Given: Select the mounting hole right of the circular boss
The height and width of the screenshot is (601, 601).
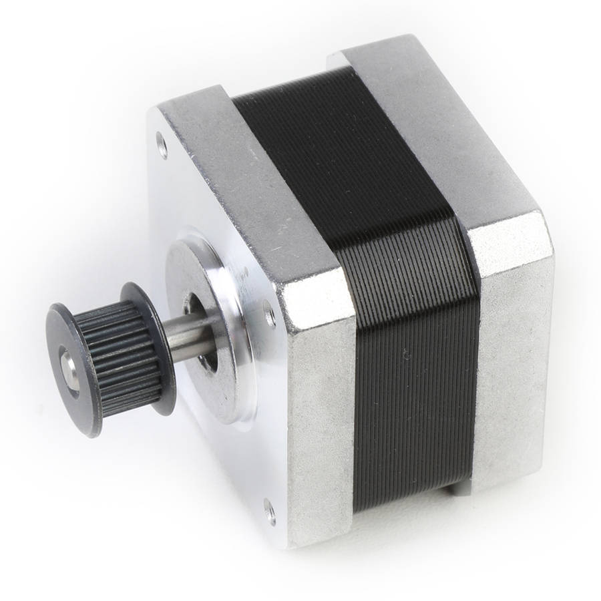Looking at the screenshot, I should click(269, 313).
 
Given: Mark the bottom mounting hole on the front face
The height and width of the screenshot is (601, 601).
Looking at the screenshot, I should click(270, 511).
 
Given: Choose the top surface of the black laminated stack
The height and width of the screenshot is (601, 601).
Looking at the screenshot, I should click(341, 154).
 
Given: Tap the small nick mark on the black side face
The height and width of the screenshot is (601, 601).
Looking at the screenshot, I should click(407, 353).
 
